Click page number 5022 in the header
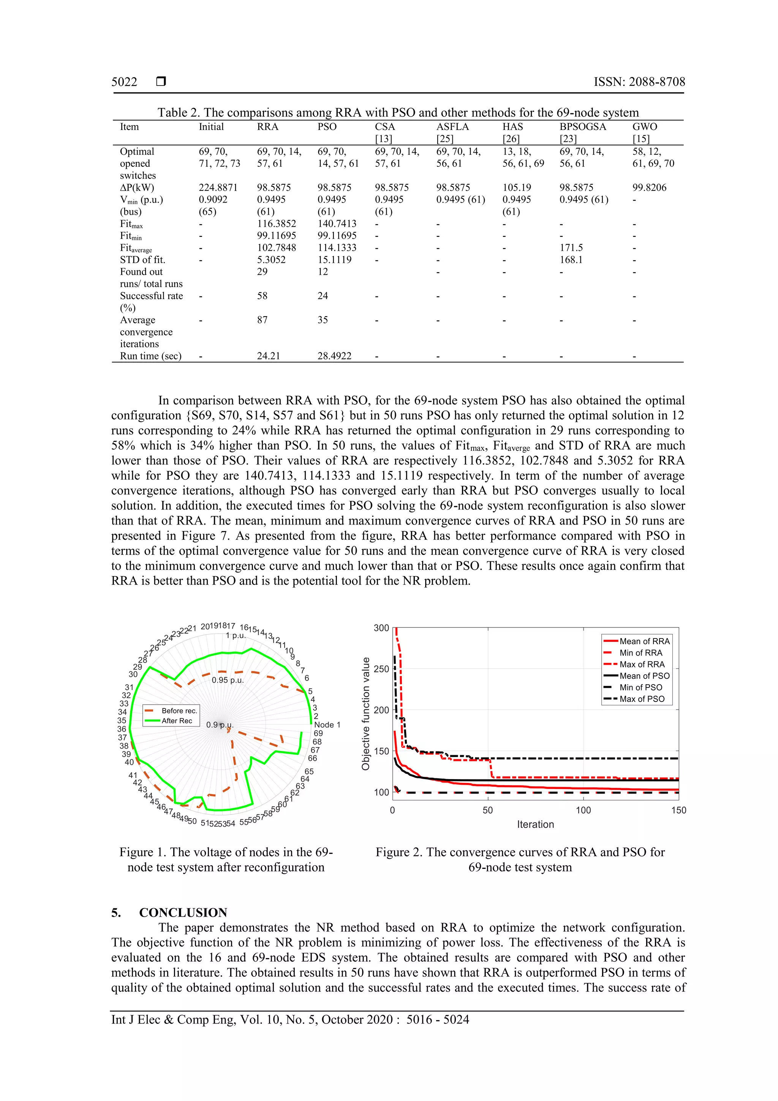pyautogui.click(x=124, y=82)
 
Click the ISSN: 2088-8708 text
pyautogui.click(x=639, y=82)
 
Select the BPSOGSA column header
pyautogui.click(x=582, y=127)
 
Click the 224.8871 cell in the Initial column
pyautogui.click(x=218, y=187)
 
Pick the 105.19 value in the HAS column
pyautogui.click(x=517, y=187)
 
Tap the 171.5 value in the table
pyautogui.click(x=571, y=248)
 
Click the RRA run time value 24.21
pyautogui.click(x=269, y=356)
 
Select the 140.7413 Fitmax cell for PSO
pyautogui.click(x=337, y=223)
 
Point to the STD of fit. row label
pyautogui.click(x=142, y=260)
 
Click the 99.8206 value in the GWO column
pyautogui.click(x=649, y=187)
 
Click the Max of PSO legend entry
pyautogui.click(x=641, y=699)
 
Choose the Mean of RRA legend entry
pyautogui.click(x=644, y=641)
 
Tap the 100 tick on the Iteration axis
pyautogui.click(x=583, y=810)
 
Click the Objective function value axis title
pyautogui.click(x=366, y=713)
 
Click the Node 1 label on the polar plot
pyautogui.click(x=327, y=725)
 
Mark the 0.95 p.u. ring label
pyautogui.click(x=228, y=680)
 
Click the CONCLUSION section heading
pyautogui.click(x=183, y=912)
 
